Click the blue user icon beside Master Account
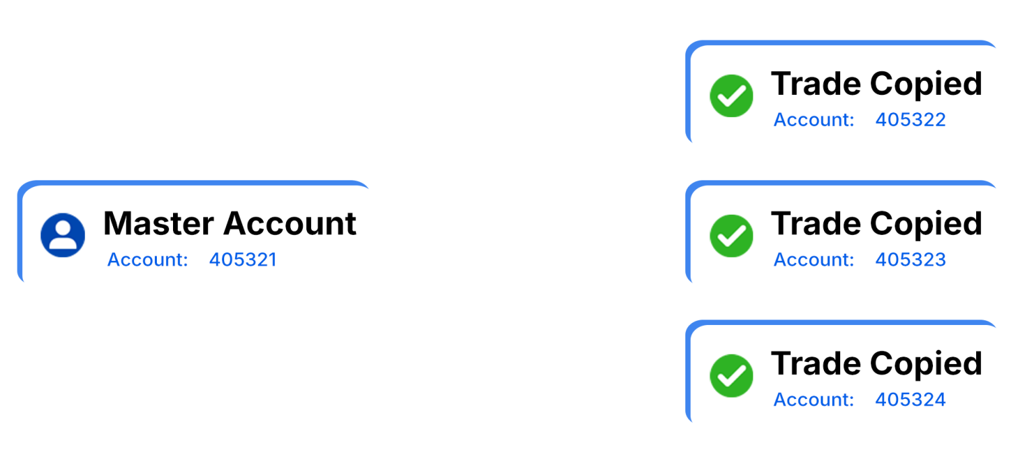(x=63, y=235)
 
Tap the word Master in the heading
(x=158, y=223)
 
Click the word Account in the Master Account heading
(x=290, y=223)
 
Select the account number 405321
(x=243, y=260)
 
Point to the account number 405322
(x=910, y=120)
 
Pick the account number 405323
(x=910, y=260)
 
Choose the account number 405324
(x=910, y=400)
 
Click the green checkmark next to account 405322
(x=731, y=96)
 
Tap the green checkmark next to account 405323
(x=731, y=235)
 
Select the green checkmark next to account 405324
(x=731, y=375)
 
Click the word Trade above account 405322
(x=816, y=84)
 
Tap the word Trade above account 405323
(x=816, y=223)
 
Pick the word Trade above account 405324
(x=816, y=363)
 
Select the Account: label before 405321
(x=147, y=260)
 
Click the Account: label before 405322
(x=814, y=120)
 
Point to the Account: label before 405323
(x=814, y=260)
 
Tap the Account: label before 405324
(x=814, y=400)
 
